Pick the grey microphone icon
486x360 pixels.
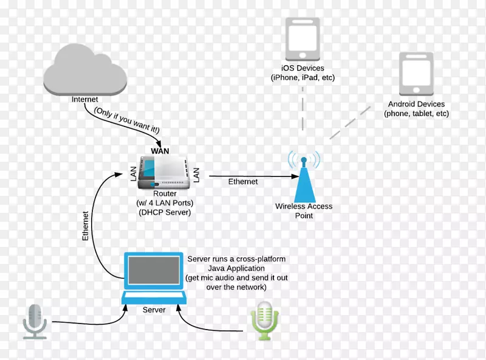point(35,320)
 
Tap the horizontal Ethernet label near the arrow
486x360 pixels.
point(243,182)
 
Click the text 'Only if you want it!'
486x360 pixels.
point(126,120)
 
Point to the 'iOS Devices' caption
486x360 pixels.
point(303,68)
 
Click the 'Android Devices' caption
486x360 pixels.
point(416,105)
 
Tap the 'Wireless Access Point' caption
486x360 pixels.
point(304,211)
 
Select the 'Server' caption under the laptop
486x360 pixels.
point(154,310)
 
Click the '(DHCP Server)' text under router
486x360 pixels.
point(164,212)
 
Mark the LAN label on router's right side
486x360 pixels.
point(196,176)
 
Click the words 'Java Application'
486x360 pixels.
point(236,268)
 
